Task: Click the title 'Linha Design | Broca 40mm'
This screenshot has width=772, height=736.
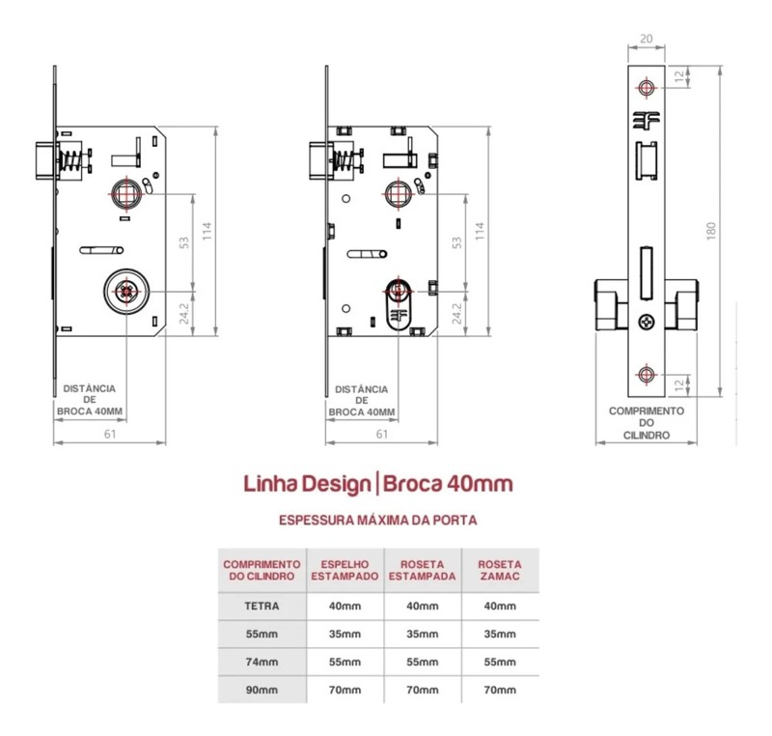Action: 377,482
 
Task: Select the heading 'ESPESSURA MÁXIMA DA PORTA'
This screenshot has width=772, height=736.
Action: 377,520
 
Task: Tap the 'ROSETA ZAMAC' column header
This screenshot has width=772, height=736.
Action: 499,570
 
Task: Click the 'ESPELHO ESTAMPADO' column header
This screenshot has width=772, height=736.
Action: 345,570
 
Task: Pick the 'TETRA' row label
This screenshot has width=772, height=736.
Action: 263,607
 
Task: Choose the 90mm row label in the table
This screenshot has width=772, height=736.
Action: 263,691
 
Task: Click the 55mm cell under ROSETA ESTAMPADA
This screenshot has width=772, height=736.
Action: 422,663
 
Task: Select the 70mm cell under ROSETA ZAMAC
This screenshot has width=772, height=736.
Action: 499,691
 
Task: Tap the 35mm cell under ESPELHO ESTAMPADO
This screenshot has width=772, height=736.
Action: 345,635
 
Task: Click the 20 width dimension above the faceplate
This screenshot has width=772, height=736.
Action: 646,40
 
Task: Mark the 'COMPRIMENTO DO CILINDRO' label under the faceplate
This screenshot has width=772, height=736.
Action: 646,423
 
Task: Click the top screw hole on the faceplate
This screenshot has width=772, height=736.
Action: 646,89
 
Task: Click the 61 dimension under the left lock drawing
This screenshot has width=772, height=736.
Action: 110,434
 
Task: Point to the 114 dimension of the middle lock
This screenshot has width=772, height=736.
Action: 480,231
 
